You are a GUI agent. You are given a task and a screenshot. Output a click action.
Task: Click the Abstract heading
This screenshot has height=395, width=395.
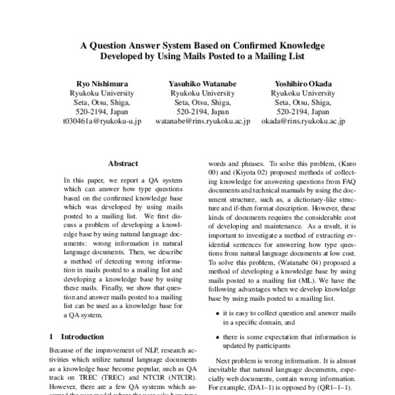pos(123,163)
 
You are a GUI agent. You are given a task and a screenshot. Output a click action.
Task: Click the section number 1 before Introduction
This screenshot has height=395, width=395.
pos(52,336)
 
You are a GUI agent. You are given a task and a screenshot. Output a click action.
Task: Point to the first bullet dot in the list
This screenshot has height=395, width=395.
pos(218,313)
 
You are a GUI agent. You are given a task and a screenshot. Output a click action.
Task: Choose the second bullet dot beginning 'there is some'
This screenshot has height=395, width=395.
pos(218,337)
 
